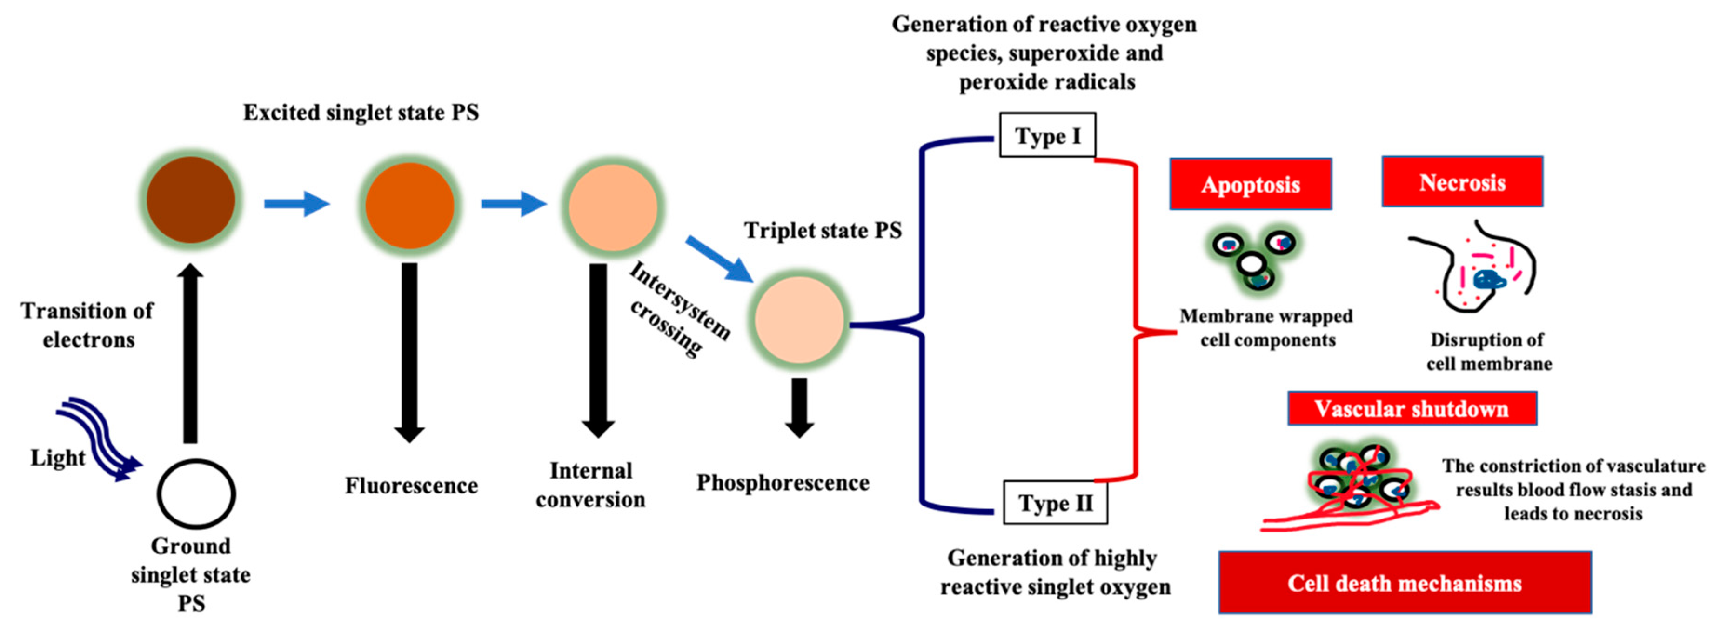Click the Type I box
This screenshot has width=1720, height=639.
[1046, 135]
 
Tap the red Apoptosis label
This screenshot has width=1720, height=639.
[1250, 184]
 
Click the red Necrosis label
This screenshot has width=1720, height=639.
[1462, 182]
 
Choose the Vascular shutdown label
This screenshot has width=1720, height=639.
[1412, 409]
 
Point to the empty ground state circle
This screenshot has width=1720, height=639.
[196, 493]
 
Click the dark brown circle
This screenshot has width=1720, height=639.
[191, 200]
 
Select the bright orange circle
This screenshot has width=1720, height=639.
[409, 205]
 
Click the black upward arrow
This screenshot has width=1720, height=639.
[191, 354]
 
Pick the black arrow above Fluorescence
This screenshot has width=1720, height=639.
[409, 351]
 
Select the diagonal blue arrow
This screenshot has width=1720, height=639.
[720, 259]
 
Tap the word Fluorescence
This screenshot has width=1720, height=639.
[411, 486]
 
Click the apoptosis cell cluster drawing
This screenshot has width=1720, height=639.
[1253, 259]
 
